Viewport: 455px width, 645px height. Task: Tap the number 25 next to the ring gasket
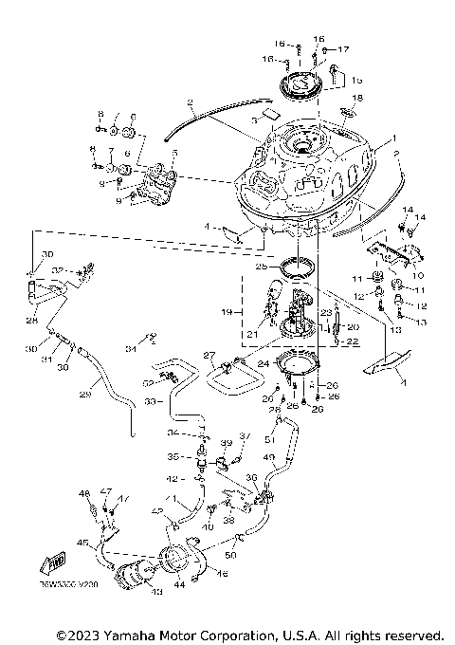[257, 268]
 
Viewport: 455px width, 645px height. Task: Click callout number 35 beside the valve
[186, 456]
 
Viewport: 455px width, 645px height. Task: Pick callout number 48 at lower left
[84, 494]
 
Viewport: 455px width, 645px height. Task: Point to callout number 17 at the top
[343, 48]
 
